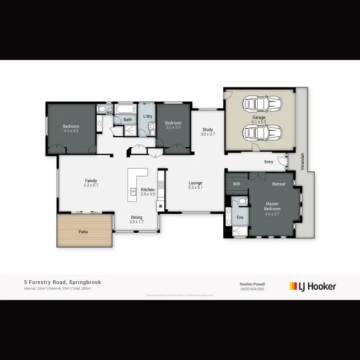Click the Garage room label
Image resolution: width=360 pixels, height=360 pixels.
tap(259, 117)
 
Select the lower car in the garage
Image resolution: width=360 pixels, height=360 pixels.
tap(259, 132)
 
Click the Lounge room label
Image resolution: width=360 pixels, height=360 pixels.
tap(195, 183)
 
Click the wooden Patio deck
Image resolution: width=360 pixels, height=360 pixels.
tap(84, 231)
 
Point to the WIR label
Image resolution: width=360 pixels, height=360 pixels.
tap(236, 184)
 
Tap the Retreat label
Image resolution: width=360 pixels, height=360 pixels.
tap(279, 184)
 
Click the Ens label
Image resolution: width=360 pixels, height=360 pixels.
tap(240, 217)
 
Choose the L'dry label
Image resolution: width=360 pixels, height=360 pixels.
tap(148, 117)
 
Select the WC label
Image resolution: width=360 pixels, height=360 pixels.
tap(109, 113)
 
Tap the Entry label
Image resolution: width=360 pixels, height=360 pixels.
tap(269, 162)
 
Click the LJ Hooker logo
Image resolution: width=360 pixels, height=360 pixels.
tap(312, 287)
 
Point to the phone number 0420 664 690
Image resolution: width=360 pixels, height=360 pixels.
tap(252, 289)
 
